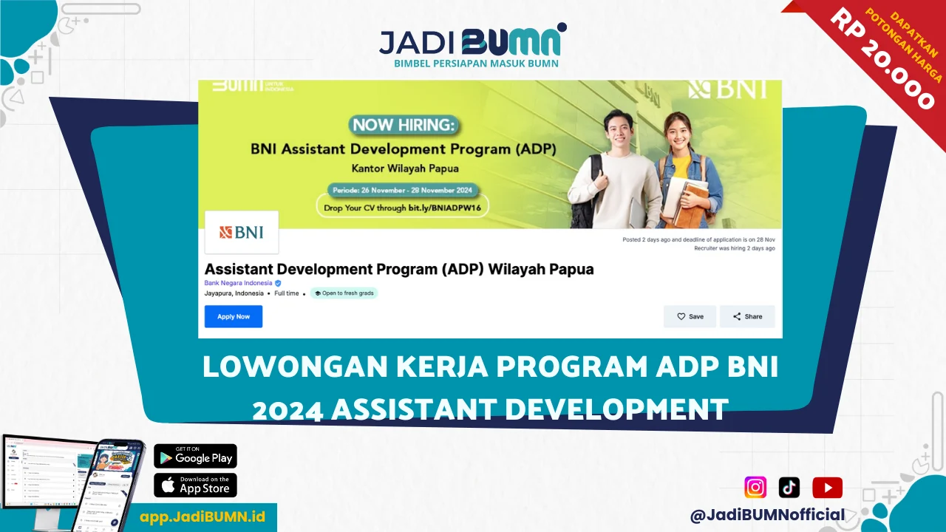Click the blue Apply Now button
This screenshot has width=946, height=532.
(x=234, y=316)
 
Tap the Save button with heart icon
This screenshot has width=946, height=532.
(x=690, y=316)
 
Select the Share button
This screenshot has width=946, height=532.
(x=747, y=316)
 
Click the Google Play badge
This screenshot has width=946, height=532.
(x=195, y=457)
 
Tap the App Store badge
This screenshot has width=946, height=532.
(x=195, y=485)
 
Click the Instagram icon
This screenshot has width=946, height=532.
(x=755, y=488)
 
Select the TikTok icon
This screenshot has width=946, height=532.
(x=789, y=488)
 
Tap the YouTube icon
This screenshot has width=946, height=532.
(x=827, y=488)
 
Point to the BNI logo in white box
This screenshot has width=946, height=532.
(x=241, y=232)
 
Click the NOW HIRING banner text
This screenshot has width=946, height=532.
(x=403, y=125)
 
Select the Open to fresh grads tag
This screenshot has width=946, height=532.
(x=344, y=293)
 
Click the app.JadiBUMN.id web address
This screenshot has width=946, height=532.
(x=202, y=516)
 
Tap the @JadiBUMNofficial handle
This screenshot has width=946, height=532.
(x=767, y=515)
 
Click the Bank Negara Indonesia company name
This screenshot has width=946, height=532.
(x=239, y=283)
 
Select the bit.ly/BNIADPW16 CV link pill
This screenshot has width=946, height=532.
(x=403, y=208)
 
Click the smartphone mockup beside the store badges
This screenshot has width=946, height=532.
(x=115, y=484)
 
